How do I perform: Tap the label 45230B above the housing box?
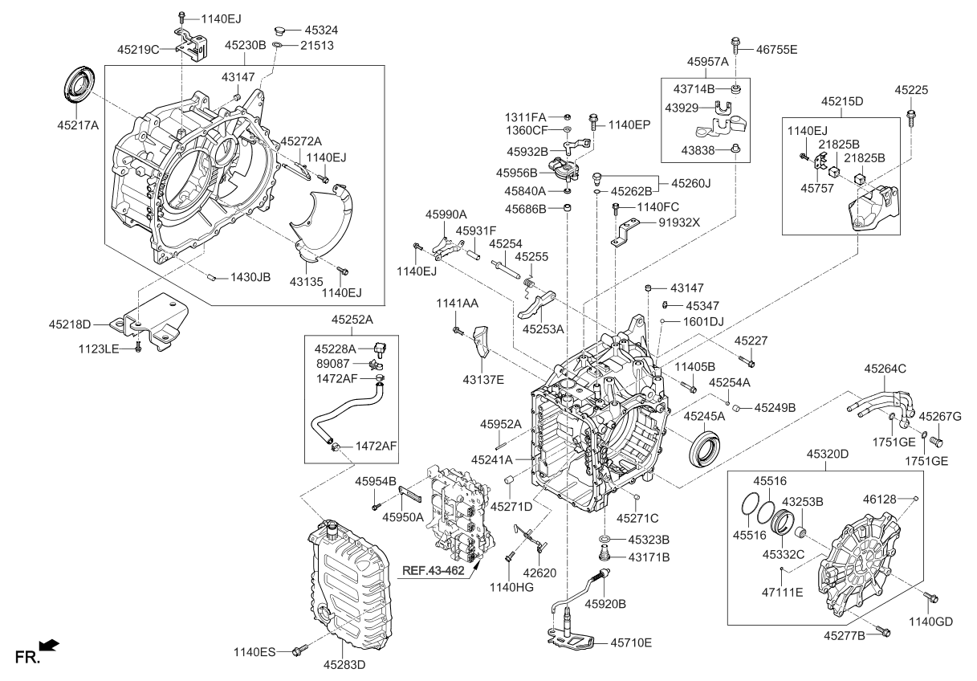tap(246, 46)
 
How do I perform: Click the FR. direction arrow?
tap(49, 645)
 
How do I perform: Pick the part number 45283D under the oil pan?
tap(344, 665)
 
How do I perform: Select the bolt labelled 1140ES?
tap(299, 649)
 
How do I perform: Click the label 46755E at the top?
tap(776, 49)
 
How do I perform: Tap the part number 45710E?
tap(631, 642)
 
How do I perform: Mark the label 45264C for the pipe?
tap(885, 369)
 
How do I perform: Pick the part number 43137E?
tap(483, 379)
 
